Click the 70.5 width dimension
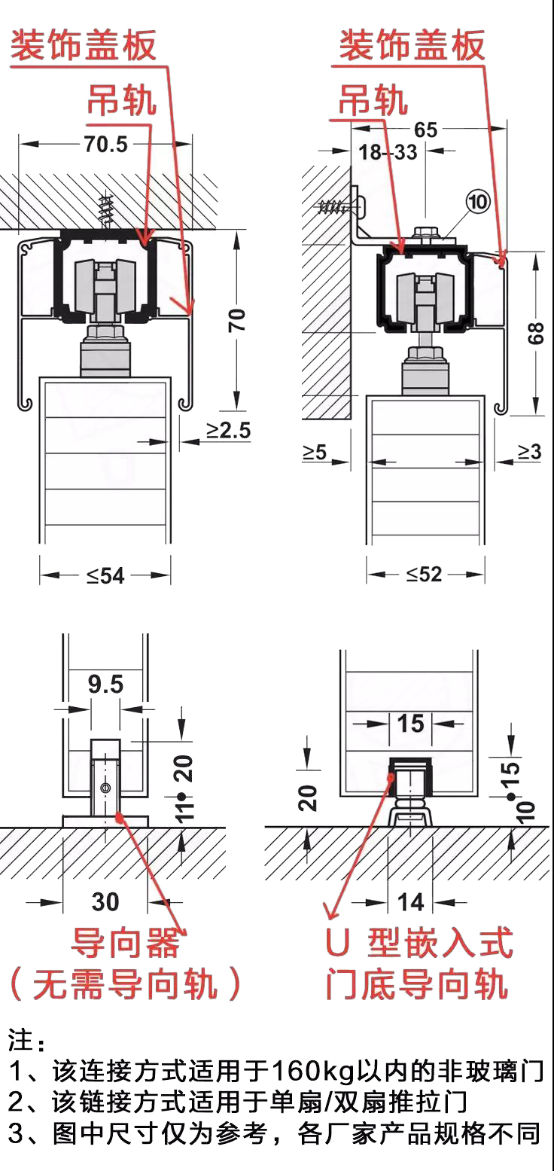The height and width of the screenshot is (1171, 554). click(106, 144)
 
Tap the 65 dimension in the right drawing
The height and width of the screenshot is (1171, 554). click(425, 130)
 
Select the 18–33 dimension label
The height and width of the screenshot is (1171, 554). click(388, 152)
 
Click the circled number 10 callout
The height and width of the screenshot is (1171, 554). click(478, 202)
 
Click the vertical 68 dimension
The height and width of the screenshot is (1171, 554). click(536, 334)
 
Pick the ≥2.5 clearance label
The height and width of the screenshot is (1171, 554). click(229, 430)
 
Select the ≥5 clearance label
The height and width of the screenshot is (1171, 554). click(315, 451)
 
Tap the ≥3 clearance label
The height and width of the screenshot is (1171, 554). click(529, 451)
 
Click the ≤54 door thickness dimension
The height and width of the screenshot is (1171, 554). click(105, 575)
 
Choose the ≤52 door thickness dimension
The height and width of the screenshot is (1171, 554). click(425, 575)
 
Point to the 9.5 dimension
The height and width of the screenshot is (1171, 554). click(105, 684)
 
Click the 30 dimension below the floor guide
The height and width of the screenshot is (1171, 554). click(105, 901)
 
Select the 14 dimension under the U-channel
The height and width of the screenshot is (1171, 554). click(410, 901)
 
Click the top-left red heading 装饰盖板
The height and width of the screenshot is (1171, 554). click(83, 45)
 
